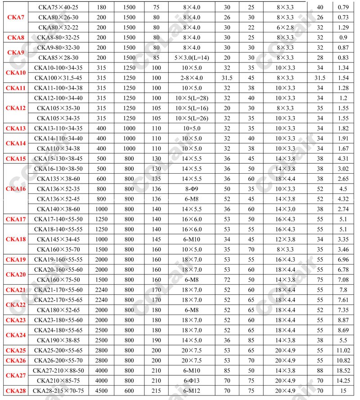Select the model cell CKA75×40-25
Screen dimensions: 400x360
click(58, 7)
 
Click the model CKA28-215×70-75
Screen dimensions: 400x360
click(58, 391)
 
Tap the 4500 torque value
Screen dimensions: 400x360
click(101, 391)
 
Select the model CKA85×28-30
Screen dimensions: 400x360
click(58, 58)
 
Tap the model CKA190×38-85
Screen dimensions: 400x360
click(58, 340)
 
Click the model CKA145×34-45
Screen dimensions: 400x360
click(58, 239)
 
